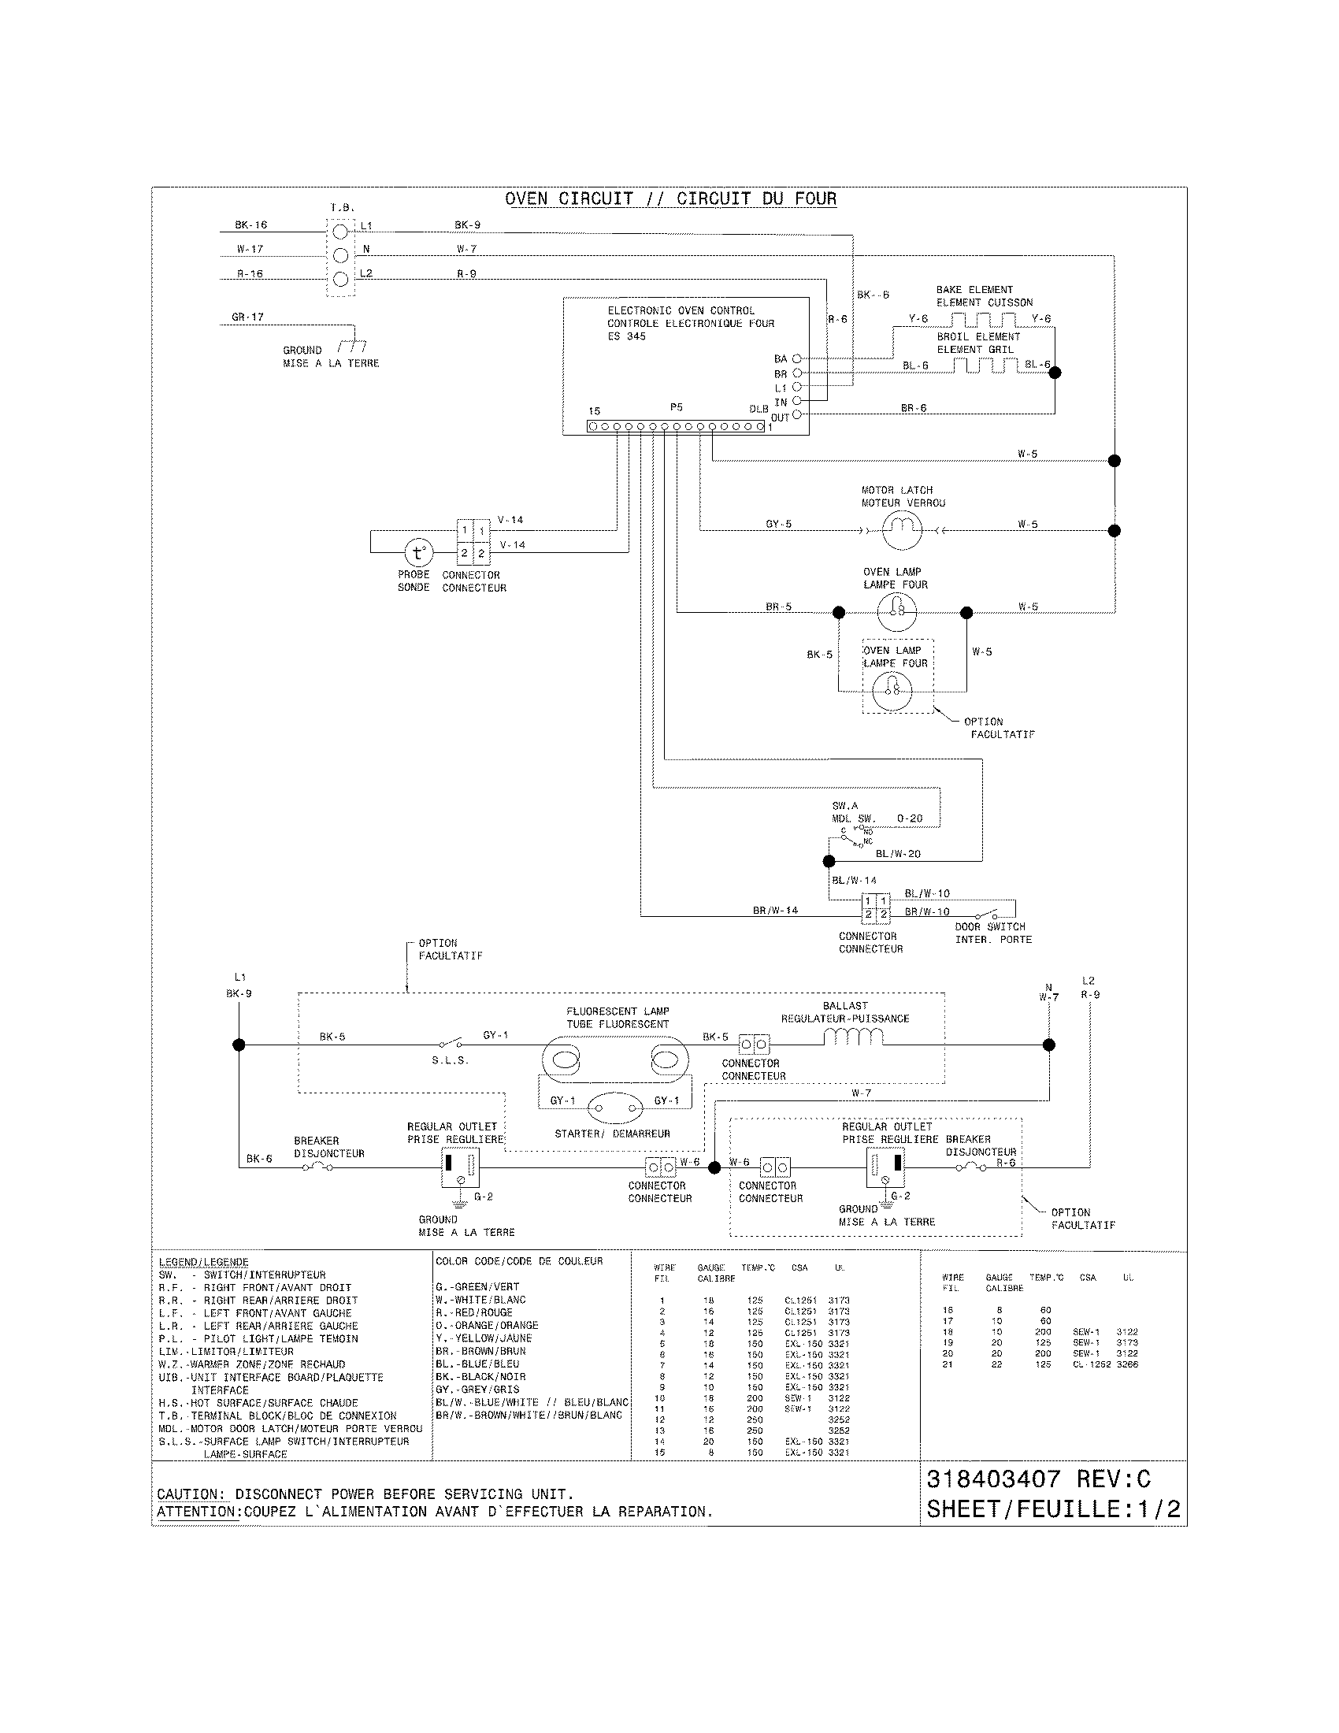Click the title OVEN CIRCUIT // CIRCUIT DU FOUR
click(x=670, y=199)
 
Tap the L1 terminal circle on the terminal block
click(x=340, y=232)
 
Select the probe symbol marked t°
click(x=418, y=552)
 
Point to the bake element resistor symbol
click(x=984, y=320)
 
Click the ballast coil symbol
click(x=853, y=1037)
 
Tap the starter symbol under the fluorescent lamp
click(x=615, y=1108)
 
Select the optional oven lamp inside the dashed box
click(x=892, y=690)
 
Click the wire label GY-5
click(x=778, y=525)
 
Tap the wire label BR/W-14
click(x=775, y=910)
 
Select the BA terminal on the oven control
click(x=796, y=358)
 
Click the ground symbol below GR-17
click(x=351, y=347)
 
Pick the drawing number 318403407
click(x=993, y=1479)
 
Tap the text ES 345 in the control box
click(x=627, y=336)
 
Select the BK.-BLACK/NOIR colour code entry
click(x=480, y=1377)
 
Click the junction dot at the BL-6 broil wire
click(x=1054, y=372)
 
